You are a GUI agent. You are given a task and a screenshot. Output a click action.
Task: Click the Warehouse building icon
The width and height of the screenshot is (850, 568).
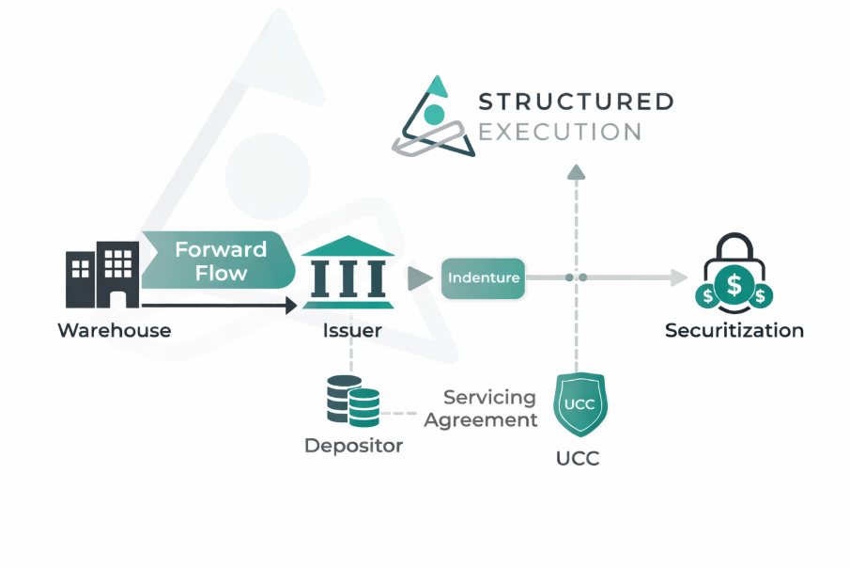click(x=101, y=275)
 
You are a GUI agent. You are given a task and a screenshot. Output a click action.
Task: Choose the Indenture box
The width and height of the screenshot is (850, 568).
click(x=484, y=277)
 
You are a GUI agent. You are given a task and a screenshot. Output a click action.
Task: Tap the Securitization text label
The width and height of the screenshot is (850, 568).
click(x=734, y=331)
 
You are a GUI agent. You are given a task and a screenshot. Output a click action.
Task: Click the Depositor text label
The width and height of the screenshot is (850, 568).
click(x=353, y=446)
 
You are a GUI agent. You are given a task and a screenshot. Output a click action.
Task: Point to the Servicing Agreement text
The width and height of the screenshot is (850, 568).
click(x=481, y=409)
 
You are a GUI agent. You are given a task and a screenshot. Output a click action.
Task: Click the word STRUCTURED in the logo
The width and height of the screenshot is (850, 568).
click(x=575, y=102)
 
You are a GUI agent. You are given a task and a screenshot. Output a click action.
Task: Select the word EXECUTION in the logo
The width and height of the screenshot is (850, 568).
click(x=560, y=131)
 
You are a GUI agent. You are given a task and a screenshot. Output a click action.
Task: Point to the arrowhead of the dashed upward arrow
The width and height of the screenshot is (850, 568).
click(x=577, y=170)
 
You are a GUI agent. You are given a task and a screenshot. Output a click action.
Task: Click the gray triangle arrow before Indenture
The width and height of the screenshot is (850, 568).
click(x=419, y=277)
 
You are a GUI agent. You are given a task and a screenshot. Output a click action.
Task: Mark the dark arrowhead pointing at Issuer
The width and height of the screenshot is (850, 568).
click(x=291, y=305)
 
